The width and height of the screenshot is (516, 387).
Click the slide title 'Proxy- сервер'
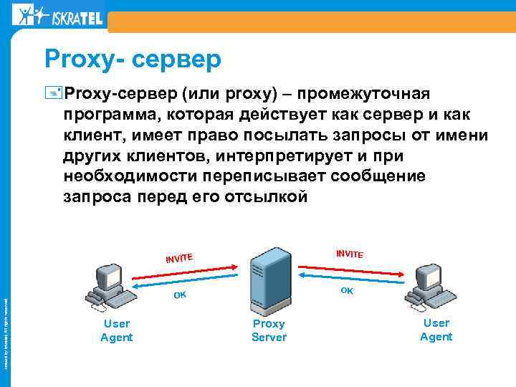(x=133, y=59)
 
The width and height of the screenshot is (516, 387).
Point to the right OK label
(x=347, y=290)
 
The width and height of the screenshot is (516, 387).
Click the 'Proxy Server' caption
(x=269, y=330)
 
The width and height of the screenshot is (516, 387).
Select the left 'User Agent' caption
(x=116, y=330)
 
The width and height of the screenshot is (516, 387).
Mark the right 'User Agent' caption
(x=436, y=330)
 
